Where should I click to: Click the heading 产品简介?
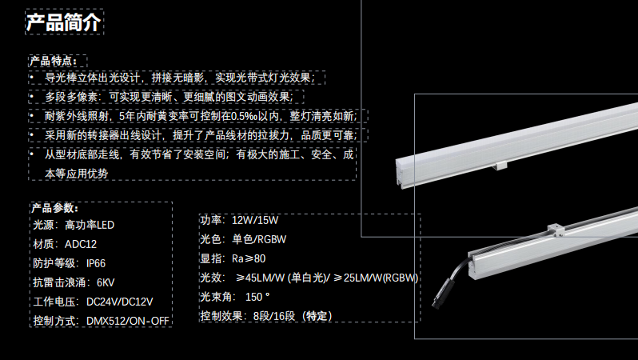coord(63,22)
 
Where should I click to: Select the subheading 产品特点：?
coord(57,61)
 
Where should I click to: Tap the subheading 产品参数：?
coord(57,208)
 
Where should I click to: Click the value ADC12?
coord(81,244)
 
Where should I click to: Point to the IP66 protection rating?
coord(96,263)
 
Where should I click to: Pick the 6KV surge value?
coord(106,282)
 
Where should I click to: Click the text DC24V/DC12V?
coord(119,302)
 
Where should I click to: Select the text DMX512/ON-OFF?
coord(123,321)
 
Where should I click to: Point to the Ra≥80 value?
coord(249,258)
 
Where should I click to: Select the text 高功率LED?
coord(90,225)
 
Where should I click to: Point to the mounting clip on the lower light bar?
coord(556,229)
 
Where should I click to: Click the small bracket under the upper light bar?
coord(501,166)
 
